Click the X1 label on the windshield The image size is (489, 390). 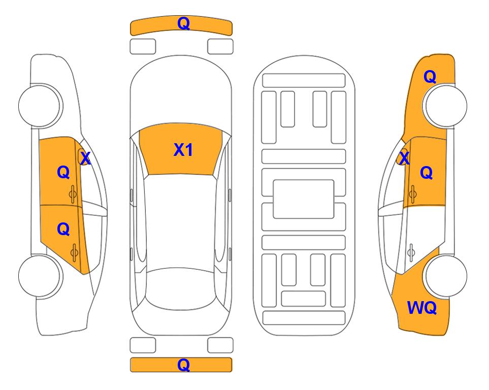point(183,150)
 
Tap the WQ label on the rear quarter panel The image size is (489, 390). point(422,308)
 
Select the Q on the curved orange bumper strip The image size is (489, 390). point(183,23)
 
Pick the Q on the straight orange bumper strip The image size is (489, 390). point(183,365)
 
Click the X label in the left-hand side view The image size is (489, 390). point(85,158)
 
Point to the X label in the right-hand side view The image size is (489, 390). point(404,158)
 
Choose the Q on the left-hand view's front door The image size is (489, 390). point(63,172)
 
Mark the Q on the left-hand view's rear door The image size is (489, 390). point(63,230)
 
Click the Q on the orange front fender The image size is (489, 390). point(430,77)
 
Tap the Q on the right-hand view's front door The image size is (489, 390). point(427,173)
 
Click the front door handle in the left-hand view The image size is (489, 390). point(73,194)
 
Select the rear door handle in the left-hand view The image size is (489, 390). point(74,252)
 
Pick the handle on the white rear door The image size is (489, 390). point(411,253)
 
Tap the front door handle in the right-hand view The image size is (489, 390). point(413,194)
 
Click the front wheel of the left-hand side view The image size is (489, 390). point(40,106)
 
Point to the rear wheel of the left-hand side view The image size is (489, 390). point(40,276)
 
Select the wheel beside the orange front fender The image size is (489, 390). point(445,106)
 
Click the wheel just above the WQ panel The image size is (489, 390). point(445,276)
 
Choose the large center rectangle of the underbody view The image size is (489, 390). point(304,199)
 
